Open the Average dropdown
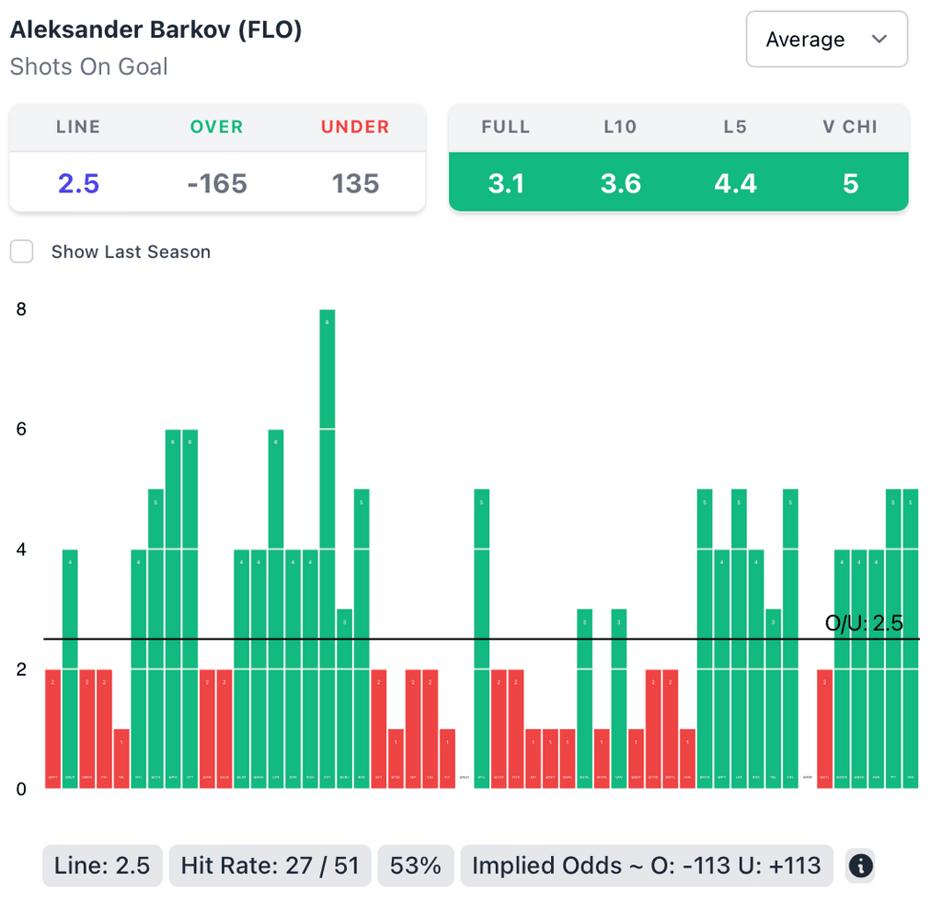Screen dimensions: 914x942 [x=826, y=40]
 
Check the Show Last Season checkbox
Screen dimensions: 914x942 [x=22, y=251]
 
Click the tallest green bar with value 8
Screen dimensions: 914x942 [x=327, y=548]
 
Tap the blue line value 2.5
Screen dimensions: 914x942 [x=78, y=183]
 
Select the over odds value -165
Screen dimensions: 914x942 [x=216, y=183]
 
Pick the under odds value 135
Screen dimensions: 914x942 [x=356, y=183]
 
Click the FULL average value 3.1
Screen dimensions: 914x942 [x=506, y=183]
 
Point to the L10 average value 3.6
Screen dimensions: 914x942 [x=621, y=183]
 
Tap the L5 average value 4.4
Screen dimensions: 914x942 [x=735, y=183]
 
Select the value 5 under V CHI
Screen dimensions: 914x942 [x=850, y=183]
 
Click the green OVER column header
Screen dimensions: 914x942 [x=216, y=127]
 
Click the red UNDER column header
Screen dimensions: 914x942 [x=356, y=127]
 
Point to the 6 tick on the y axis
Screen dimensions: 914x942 [x=20, y=430]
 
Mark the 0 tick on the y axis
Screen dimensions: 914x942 [x=20, y=790]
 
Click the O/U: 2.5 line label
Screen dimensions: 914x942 [x=864, y=623]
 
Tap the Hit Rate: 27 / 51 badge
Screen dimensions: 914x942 [x=270, y=866]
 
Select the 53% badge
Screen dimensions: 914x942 [x=416, y=866]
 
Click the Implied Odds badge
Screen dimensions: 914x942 [x=646, y=866]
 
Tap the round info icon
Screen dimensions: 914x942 [x=860, y=866]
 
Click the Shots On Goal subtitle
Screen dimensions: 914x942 [x=89, y=66]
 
